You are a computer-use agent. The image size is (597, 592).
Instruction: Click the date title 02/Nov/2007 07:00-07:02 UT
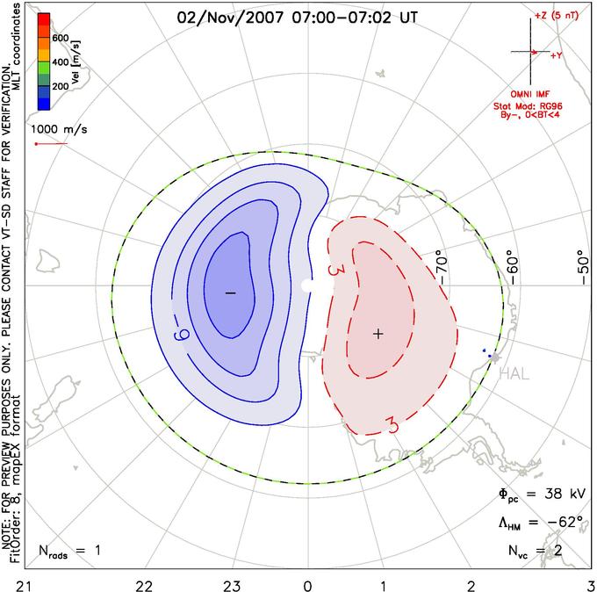[298, 18]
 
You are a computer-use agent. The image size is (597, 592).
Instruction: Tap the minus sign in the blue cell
[231, 293]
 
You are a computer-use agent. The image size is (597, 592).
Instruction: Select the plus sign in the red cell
[378, 334]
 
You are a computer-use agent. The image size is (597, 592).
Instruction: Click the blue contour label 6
[181, 336]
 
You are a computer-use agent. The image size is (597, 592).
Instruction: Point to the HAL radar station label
[514, 373]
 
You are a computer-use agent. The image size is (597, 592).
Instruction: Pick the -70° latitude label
[442, 267]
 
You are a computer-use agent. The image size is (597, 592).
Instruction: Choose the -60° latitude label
[513, 268]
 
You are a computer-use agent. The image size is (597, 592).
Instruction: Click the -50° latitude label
[583, 267]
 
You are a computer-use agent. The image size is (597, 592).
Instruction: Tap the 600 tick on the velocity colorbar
[61, 38]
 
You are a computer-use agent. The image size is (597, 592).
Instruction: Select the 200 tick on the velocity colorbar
[61, 86]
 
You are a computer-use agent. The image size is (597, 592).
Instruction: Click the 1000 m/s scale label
[59, 129]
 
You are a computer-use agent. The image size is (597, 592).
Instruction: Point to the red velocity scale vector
[51, 144]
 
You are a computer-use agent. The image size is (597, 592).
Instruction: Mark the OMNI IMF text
[530, 94]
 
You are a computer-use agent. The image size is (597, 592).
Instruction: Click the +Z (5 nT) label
[557, 16]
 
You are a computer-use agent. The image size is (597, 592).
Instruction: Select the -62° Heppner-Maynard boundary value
[565, 521]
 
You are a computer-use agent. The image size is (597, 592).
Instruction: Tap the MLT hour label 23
[232, 586]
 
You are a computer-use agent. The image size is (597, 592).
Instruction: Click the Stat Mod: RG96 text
[528, 106]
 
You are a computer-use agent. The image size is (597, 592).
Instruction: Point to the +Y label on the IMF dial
[557, 55]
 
